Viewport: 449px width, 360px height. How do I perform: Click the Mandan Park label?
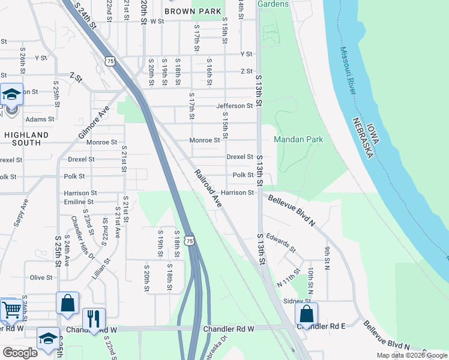[x=298, y=140]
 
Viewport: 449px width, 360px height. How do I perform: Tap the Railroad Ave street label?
[x=208, y=189]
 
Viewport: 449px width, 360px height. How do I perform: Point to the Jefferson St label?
[x=235, y=106]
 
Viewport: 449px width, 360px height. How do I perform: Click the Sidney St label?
[x=297, y=301]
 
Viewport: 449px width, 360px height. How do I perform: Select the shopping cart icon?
[x=11, y=310]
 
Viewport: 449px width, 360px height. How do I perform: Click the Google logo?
[x=20, y=353]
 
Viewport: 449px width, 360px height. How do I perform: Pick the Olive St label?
[x=41, y=277]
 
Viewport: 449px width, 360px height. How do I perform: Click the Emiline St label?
[x=79, y=202]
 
